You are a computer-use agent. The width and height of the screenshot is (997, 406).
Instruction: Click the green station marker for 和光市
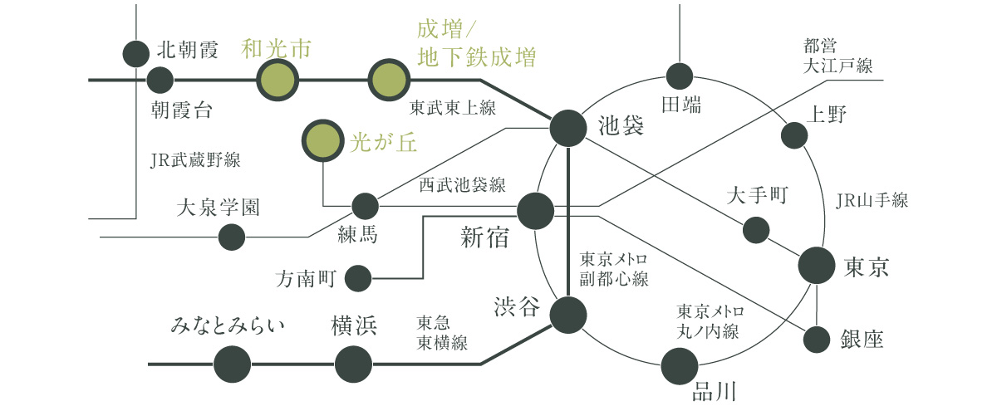click(276, 81)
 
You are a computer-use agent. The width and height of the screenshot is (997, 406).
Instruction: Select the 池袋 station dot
click(569, 128)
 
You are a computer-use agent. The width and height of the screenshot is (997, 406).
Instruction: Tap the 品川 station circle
click(680, 365)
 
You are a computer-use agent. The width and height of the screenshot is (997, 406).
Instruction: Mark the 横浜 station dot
click(353, 364)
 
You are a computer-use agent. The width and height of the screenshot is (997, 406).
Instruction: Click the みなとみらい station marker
click(232, 364)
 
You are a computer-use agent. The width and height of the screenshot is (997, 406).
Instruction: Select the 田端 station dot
click(680, 76)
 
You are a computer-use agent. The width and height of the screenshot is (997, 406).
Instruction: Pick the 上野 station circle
click(795, 135)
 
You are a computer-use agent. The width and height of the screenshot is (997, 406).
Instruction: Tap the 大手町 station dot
click(756, 229)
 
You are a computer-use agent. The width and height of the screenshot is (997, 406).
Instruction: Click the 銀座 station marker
click(818, 339)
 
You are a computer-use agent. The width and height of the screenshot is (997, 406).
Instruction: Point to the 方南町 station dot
click(358, 278)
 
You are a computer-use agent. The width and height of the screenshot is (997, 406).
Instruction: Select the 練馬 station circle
click(365, 205)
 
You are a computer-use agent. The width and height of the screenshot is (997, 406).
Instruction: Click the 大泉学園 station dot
click(231, 237)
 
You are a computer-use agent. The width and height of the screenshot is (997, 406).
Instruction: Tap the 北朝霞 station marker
click(136, 54)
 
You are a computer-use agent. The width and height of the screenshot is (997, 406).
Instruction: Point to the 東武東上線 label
click(453, 108)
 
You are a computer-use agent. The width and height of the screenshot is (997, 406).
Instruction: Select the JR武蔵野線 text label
click(195, 160)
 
